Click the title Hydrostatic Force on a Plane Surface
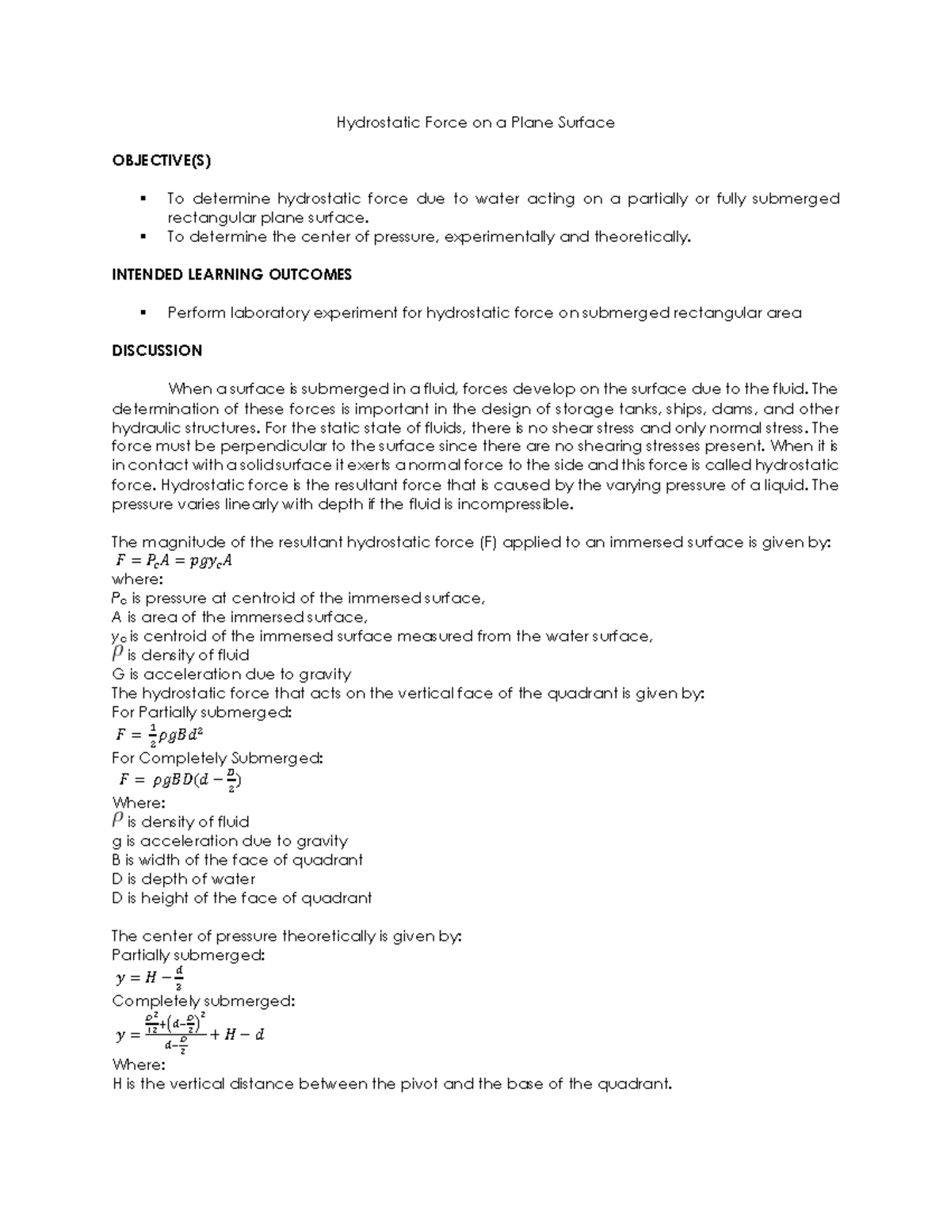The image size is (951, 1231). click(x=475, y=123)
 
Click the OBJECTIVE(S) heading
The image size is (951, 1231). click(x=162, y=161)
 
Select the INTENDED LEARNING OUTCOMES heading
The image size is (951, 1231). click(x=231, y=275)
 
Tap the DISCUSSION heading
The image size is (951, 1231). click(x=157, y=351)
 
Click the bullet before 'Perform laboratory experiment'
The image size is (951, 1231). click(x=143, y=313)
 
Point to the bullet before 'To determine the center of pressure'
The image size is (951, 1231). click(x=143, y=237)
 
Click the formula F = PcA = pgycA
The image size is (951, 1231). click(x=173, y=561)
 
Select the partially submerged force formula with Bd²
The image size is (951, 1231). click(x=161, y=735)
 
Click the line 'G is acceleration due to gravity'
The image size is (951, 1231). click(x=231, y=675)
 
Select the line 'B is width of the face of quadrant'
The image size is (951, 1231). click(x=238, y=860)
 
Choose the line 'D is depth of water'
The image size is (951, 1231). click(x=184, y=879)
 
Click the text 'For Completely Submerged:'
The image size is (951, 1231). click(x=217, y=759)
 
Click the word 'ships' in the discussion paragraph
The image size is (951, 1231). click(x=684, y=409)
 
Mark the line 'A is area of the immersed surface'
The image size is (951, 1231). click(x=239, y=617)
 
